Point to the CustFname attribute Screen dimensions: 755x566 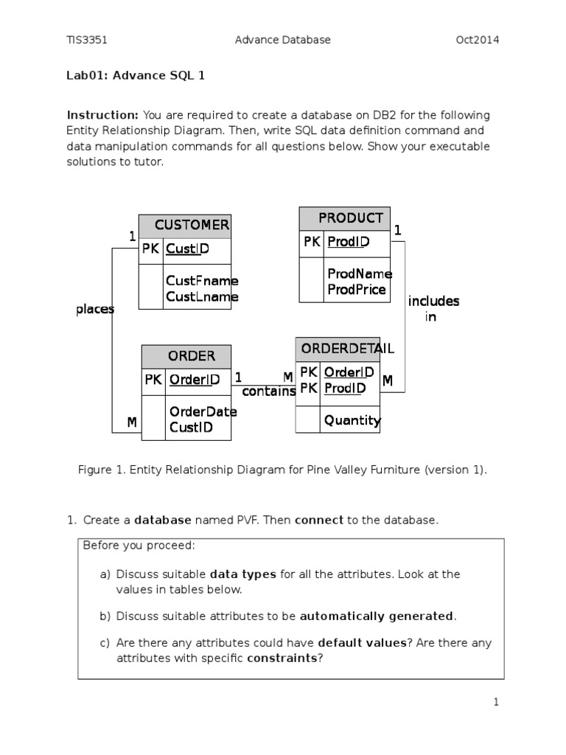(202, 281)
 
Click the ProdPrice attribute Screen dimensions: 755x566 (357, 290)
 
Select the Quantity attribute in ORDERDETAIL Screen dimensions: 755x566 (352, 420)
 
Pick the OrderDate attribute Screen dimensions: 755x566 (203, 412)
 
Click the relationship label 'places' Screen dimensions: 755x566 (94, 310)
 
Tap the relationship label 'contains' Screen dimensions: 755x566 (268, 392)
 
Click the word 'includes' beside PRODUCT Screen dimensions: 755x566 (433, 301)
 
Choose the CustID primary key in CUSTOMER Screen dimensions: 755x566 (187, 249)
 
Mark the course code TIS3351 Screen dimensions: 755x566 (87, 40)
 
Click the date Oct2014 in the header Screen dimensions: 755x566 (477, 40)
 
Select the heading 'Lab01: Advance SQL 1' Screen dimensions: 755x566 (136, 75)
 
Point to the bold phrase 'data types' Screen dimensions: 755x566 (242, 574)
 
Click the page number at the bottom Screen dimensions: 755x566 (497, 703)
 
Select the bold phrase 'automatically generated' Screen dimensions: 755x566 (377, 616)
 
